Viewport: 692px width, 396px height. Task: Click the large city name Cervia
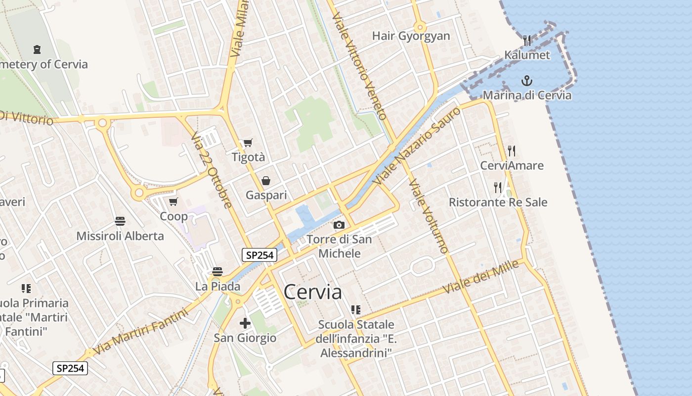[x=312, y=292]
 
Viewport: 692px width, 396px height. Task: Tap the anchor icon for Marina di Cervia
[x=527, y=80]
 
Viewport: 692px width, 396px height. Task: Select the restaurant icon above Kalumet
[x=527, y=41]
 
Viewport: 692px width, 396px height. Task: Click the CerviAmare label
[x=512, y=165]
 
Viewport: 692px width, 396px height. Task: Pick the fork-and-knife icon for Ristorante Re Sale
[x=498, y=187]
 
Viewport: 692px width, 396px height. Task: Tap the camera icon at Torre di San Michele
[x=339, y=225]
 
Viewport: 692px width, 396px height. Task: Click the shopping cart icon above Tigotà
[x=248, y=143]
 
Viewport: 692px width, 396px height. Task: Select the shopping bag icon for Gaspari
[x=266, y=181]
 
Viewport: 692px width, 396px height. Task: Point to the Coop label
[x=173, y=216]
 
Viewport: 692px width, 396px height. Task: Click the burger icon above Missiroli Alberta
[x=120, y=221]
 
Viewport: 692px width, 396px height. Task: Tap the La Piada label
[x=217, y=286]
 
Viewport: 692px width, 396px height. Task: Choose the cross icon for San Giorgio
[x=245, y=324]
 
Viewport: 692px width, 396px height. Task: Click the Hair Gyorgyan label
[x=411, y=36]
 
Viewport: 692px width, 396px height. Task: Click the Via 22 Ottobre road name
[x=211, y=170]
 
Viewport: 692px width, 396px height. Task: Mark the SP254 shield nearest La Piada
[x=259, y=255]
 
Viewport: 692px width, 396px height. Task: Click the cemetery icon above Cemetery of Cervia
[x=37, y=49]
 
